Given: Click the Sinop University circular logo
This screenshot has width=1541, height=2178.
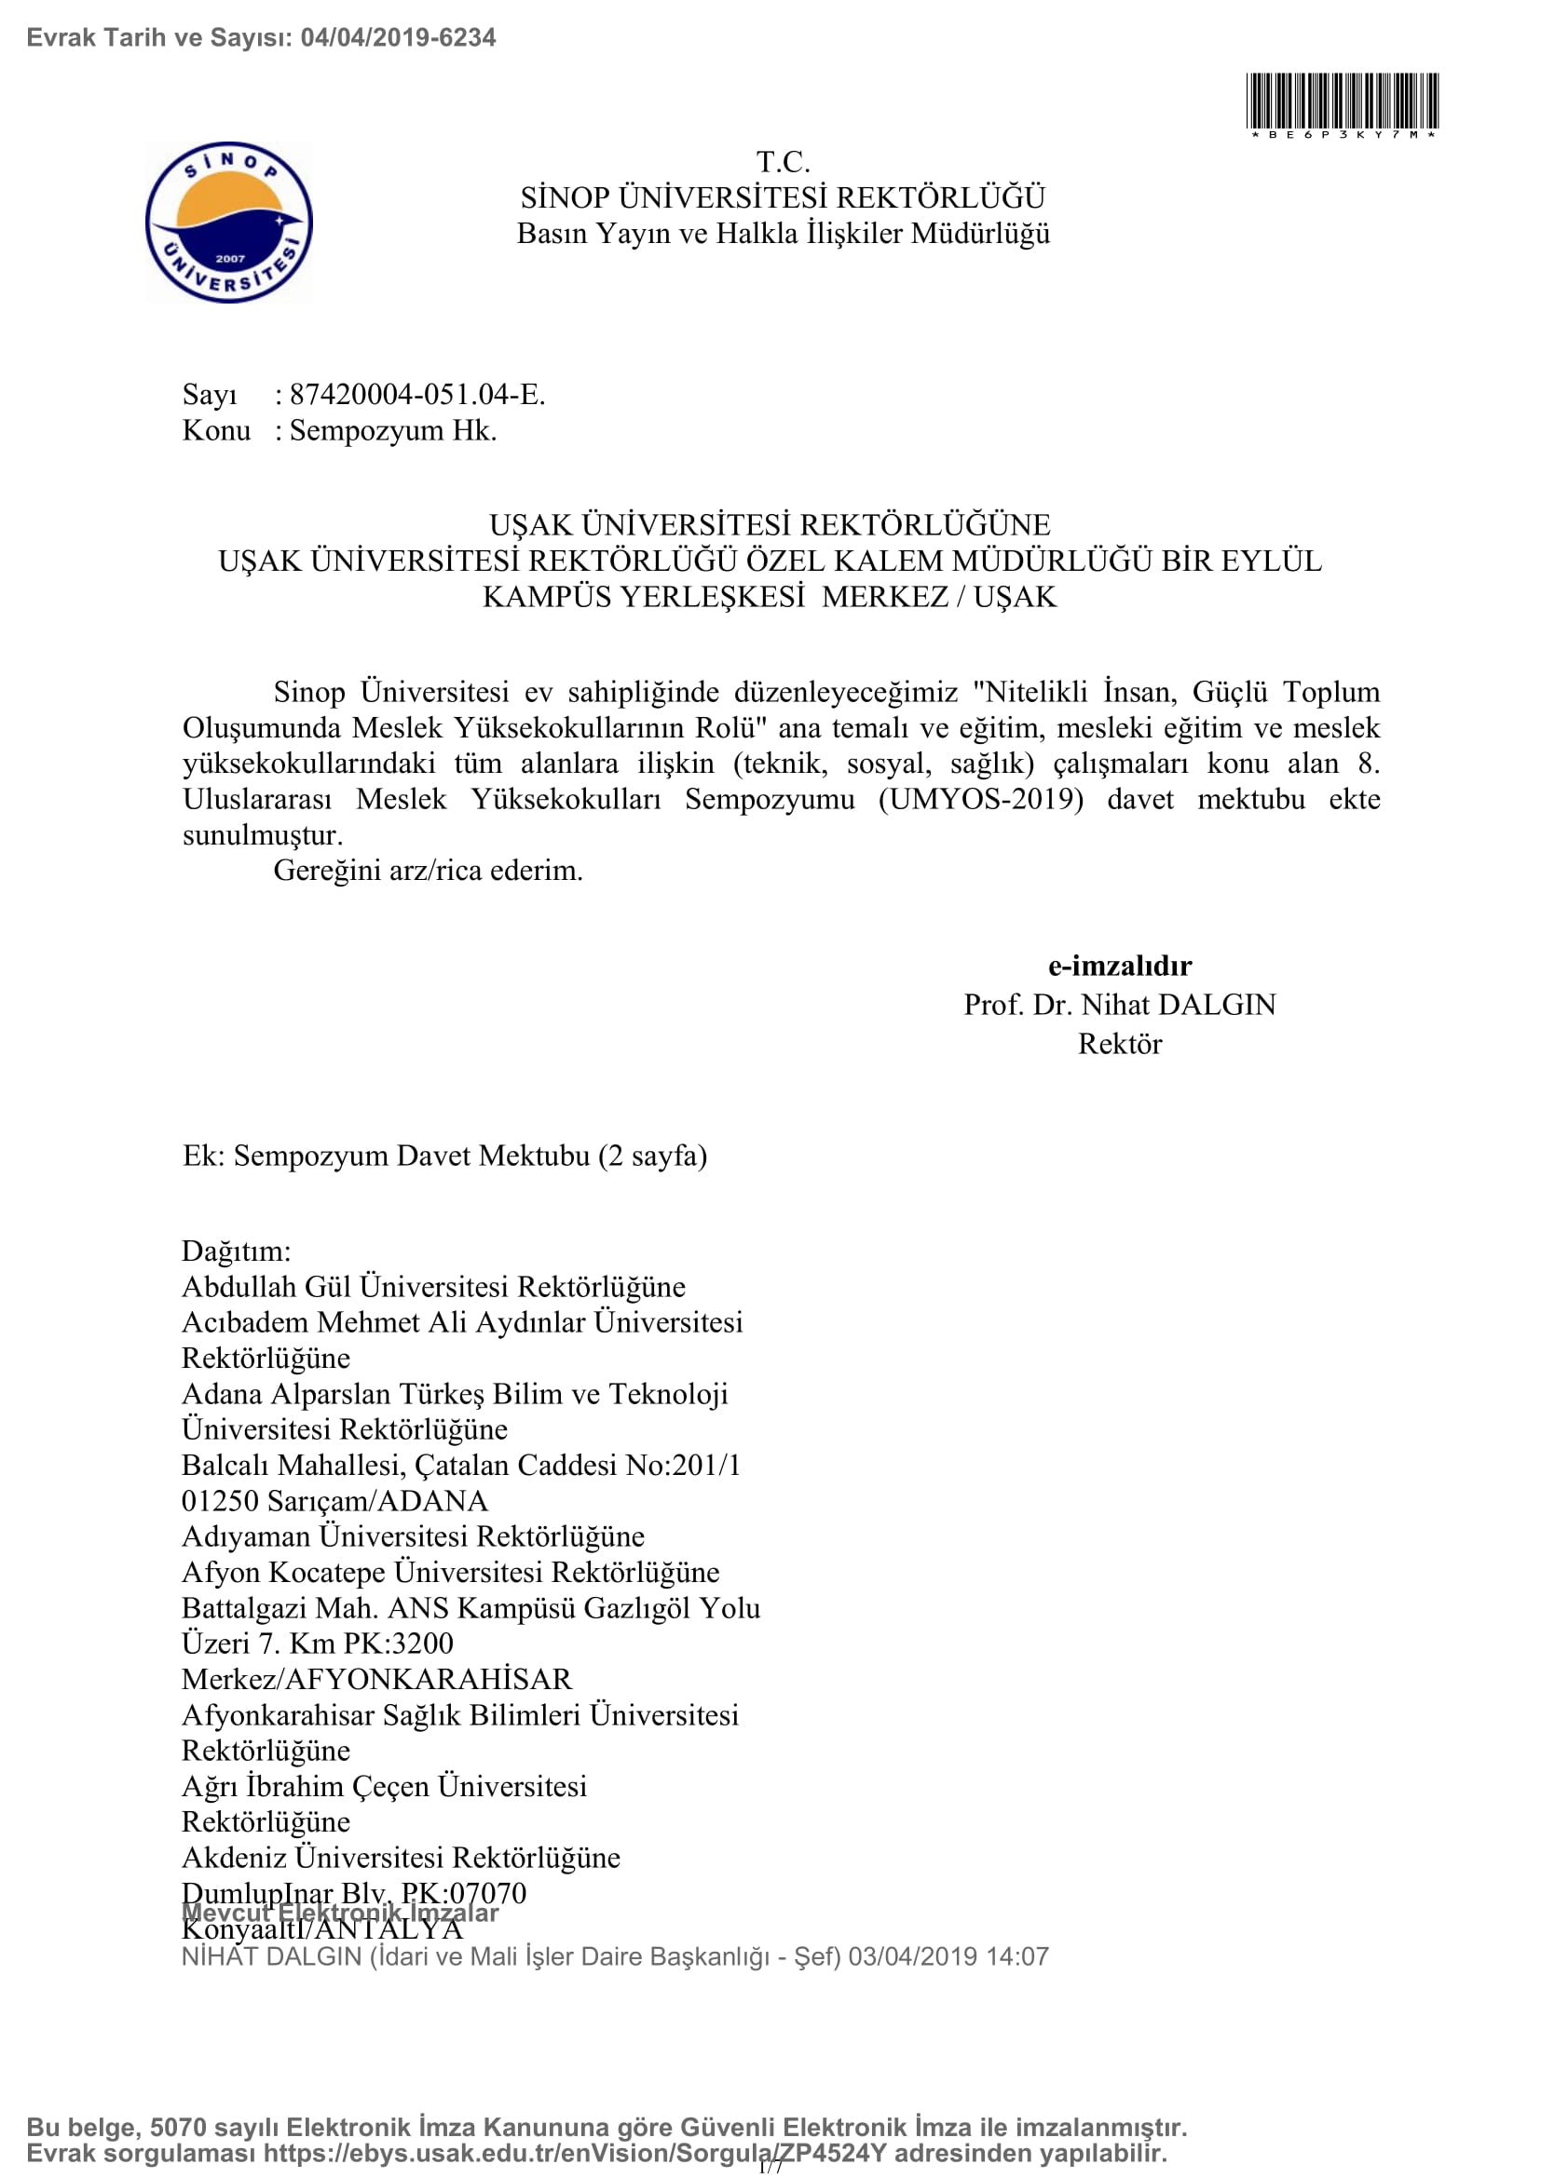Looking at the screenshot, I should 228,223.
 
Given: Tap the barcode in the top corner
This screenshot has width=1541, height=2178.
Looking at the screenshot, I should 1342,101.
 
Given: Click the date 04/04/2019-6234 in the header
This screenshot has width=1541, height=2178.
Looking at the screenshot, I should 398,38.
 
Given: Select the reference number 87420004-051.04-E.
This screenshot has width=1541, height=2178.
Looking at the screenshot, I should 417,395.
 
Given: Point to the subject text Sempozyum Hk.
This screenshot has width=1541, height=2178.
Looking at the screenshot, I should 393,431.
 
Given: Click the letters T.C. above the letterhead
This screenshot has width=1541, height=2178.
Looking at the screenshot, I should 783,162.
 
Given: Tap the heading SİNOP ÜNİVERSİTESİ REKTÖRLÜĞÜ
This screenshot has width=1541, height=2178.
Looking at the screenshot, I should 783,198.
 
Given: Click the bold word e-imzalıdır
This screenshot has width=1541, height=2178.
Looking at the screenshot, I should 1120,966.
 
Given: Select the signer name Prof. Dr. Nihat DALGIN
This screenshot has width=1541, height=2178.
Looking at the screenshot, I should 1120,1005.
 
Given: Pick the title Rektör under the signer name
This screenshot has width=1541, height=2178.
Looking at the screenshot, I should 1120,1044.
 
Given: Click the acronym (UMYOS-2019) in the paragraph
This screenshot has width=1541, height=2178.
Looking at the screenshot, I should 980,799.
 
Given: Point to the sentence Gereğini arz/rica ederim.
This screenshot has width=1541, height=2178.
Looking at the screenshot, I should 428,870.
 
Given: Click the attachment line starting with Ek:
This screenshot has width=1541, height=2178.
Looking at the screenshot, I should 445,1156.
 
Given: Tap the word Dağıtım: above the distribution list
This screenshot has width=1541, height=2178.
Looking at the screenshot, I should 237,1251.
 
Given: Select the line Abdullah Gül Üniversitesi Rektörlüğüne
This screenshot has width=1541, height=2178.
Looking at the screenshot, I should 433,1286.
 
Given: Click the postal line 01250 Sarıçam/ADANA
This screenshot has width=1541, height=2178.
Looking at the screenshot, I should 335,1501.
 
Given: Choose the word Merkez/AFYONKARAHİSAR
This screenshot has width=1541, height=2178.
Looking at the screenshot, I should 376,1679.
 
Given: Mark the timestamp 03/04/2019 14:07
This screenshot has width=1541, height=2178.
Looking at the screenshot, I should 948,1956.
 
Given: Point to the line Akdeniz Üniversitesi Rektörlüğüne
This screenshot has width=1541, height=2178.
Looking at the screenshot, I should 401,1857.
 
